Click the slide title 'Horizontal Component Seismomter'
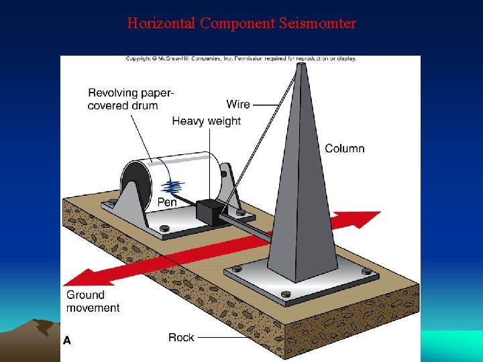click(x=241, y=23)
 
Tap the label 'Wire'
click(x=238, y=104)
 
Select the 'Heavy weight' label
click(x=206, y=121)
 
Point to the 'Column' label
click(x=344, y=148)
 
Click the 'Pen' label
click(x=167, y=202)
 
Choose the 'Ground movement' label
click(x=93, y=301)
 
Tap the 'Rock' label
click(x=181, y=337)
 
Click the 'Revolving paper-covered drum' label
click(x=131, y=99)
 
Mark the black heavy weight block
click(x=209, y=213)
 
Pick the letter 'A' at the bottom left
click(x=66, y=341)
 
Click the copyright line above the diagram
click(x=241, y=58)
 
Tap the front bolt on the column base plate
click(x=286, y=294)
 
